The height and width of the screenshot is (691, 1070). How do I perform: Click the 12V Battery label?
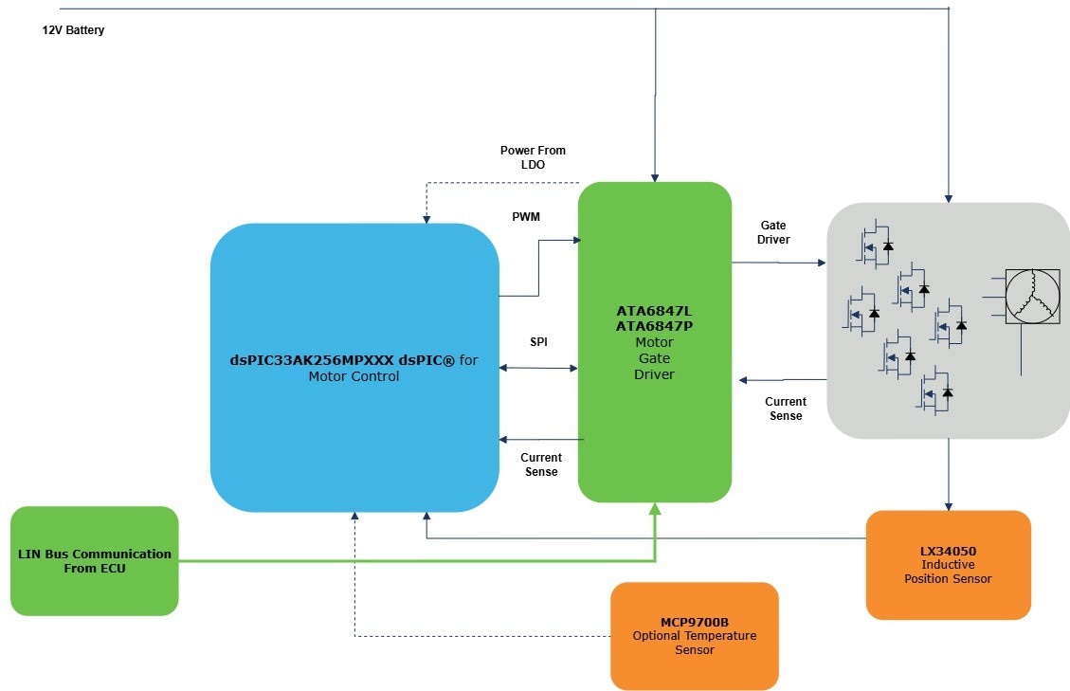[73, 30]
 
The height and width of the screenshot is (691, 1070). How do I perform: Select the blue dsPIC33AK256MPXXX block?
[354, 368]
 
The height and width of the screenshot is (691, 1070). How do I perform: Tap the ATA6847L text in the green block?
[654, 311]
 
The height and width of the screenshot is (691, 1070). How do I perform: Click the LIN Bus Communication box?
[95, 561]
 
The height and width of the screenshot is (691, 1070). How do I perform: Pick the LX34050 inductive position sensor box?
[948, 565]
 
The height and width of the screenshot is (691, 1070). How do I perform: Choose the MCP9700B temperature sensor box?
[694, 636]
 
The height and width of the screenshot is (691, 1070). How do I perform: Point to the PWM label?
[526, 217]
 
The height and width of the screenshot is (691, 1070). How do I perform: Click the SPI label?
[538, 341]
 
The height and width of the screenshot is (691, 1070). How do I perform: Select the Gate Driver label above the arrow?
[773, 232]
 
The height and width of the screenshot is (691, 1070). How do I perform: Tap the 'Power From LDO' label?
[533, 157]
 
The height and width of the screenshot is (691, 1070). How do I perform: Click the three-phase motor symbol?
[1032, 297]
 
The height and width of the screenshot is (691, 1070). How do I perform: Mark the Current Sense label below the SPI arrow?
[541, 464]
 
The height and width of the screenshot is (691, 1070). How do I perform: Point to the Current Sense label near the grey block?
[785, 409]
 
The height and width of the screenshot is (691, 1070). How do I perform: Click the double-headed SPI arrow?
[538, 368]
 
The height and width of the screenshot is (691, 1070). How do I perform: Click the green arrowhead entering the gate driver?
[654, 510]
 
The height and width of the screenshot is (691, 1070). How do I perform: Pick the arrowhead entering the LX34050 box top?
[948, 505]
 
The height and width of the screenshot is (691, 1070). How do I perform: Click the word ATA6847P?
[654, 326]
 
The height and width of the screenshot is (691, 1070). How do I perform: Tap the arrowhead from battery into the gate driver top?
[654, 176]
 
